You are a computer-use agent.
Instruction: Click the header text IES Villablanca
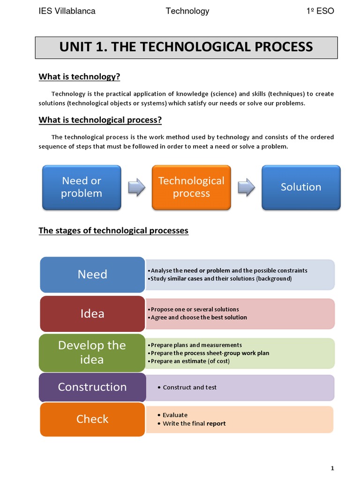[x=67, y=11]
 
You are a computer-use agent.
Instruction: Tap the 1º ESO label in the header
[x=320, y=11]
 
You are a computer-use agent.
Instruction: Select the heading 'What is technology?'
[x=79, y=76]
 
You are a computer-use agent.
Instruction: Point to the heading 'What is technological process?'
[x=100, y=120]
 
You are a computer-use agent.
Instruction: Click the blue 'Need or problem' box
[x=82, y=187]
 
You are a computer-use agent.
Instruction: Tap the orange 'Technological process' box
[x=191, y=187]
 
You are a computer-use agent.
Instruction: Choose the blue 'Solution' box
[x=301, y=187]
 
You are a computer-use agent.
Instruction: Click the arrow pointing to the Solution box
[x=246, y=187]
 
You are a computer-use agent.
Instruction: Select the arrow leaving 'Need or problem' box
[x=136, y=187]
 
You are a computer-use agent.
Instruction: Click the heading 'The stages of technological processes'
[x=113, y=230]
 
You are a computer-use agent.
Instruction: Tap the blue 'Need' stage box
[x=92, y=274]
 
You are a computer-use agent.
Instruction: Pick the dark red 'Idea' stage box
[x=92, y=313]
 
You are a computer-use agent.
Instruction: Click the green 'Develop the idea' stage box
[x=92, y=352]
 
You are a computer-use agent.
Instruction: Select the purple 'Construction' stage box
[x=92, y=387]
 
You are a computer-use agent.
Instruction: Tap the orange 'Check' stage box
[x=92, y=419]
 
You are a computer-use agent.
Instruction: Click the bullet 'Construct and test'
[x=189, y=387]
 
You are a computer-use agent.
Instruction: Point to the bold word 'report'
[x=216, y=423]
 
